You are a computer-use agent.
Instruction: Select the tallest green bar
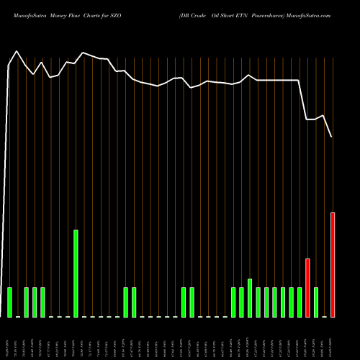point(76,273)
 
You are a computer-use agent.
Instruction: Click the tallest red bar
point(333,264)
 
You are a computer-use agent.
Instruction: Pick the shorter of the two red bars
point(307,287)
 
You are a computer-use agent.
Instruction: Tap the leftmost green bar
point(9,302)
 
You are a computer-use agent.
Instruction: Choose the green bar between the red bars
point(316,302)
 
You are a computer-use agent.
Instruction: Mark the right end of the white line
point(332,137)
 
